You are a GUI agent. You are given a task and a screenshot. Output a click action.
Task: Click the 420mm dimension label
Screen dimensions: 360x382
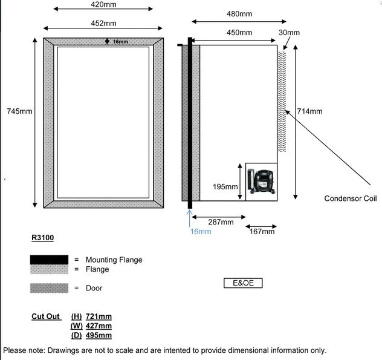103,4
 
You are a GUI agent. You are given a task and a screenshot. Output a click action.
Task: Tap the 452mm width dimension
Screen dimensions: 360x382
103,23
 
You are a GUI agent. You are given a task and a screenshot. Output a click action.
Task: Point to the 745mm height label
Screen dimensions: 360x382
20,111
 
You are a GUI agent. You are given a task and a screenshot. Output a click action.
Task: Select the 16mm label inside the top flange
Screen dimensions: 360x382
120,42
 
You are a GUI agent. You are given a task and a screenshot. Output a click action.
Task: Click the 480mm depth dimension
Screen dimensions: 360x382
239,14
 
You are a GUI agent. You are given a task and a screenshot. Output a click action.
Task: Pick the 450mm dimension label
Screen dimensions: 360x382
239,32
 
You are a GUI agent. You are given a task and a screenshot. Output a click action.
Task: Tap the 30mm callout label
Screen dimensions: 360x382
289,32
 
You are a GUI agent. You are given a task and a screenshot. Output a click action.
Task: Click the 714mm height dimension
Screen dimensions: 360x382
310,111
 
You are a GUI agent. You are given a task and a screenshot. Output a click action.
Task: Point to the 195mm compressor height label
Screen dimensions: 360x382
225,187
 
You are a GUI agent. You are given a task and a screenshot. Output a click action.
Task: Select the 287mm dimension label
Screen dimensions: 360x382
221,222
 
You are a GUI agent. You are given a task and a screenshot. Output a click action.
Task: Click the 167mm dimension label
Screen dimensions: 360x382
262,231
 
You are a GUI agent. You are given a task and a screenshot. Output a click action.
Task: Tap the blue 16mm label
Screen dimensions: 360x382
201,231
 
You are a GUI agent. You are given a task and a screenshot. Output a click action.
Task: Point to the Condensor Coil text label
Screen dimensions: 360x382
350,198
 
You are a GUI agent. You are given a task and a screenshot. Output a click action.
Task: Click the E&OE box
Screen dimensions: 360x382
243,283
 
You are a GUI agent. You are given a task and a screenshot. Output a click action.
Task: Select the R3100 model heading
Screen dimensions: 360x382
42,238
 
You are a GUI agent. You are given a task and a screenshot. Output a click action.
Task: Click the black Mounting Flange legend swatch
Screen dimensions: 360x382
49,260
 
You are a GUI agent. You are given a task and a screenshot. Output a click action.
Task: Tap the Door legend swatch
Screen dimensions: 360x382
49,288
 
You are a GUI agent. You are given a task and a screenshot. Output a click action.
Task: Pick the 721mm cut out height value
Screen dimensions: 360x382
99,316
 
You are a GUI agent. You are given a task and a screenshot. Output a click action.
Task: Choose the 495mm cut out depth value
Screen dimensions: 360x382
99,335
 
